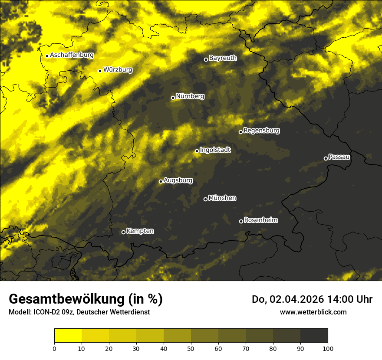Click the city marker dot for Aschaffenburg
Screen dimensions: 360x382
click(x=47, y=56)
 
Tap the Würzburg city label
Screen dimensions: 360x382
click(x=118, y=70)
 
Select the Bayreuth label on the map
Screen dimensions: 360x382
click(x=223, y=58)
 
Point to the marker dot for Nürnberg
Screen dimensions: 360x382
click(x=173, y=98)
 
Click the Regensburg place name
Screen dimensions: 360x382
click(x=261, y=131)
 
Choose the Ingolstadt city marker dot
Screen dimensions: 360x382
click(x=197, y=151)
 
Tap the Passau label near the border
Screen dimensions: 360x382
click(x=339, y=157)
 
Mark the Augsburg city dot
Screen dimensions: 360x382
click(x=161, y=181)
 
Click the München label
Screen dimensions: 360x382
click(x=222, y=198)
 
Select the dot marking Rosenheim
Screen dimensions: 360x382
click(x=241, y=221)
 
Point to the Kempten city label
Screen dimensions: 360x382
click(x=140, y=231)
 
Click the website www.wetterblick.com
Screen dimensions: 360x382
click(x=313, y=312)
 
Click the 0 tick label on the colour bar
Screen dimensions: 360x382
click(x=54, y=348)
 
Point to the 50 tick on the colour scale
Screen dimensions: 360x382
click(x=191, y=348)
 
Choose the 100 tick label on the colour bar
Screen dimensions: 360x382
click(x=328, y=348)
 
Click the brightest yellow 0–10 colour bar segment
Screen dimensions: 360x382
click(x=68, y=335)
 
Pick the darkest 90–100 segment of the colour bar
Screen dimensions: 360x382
click(x=314, y=335)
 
